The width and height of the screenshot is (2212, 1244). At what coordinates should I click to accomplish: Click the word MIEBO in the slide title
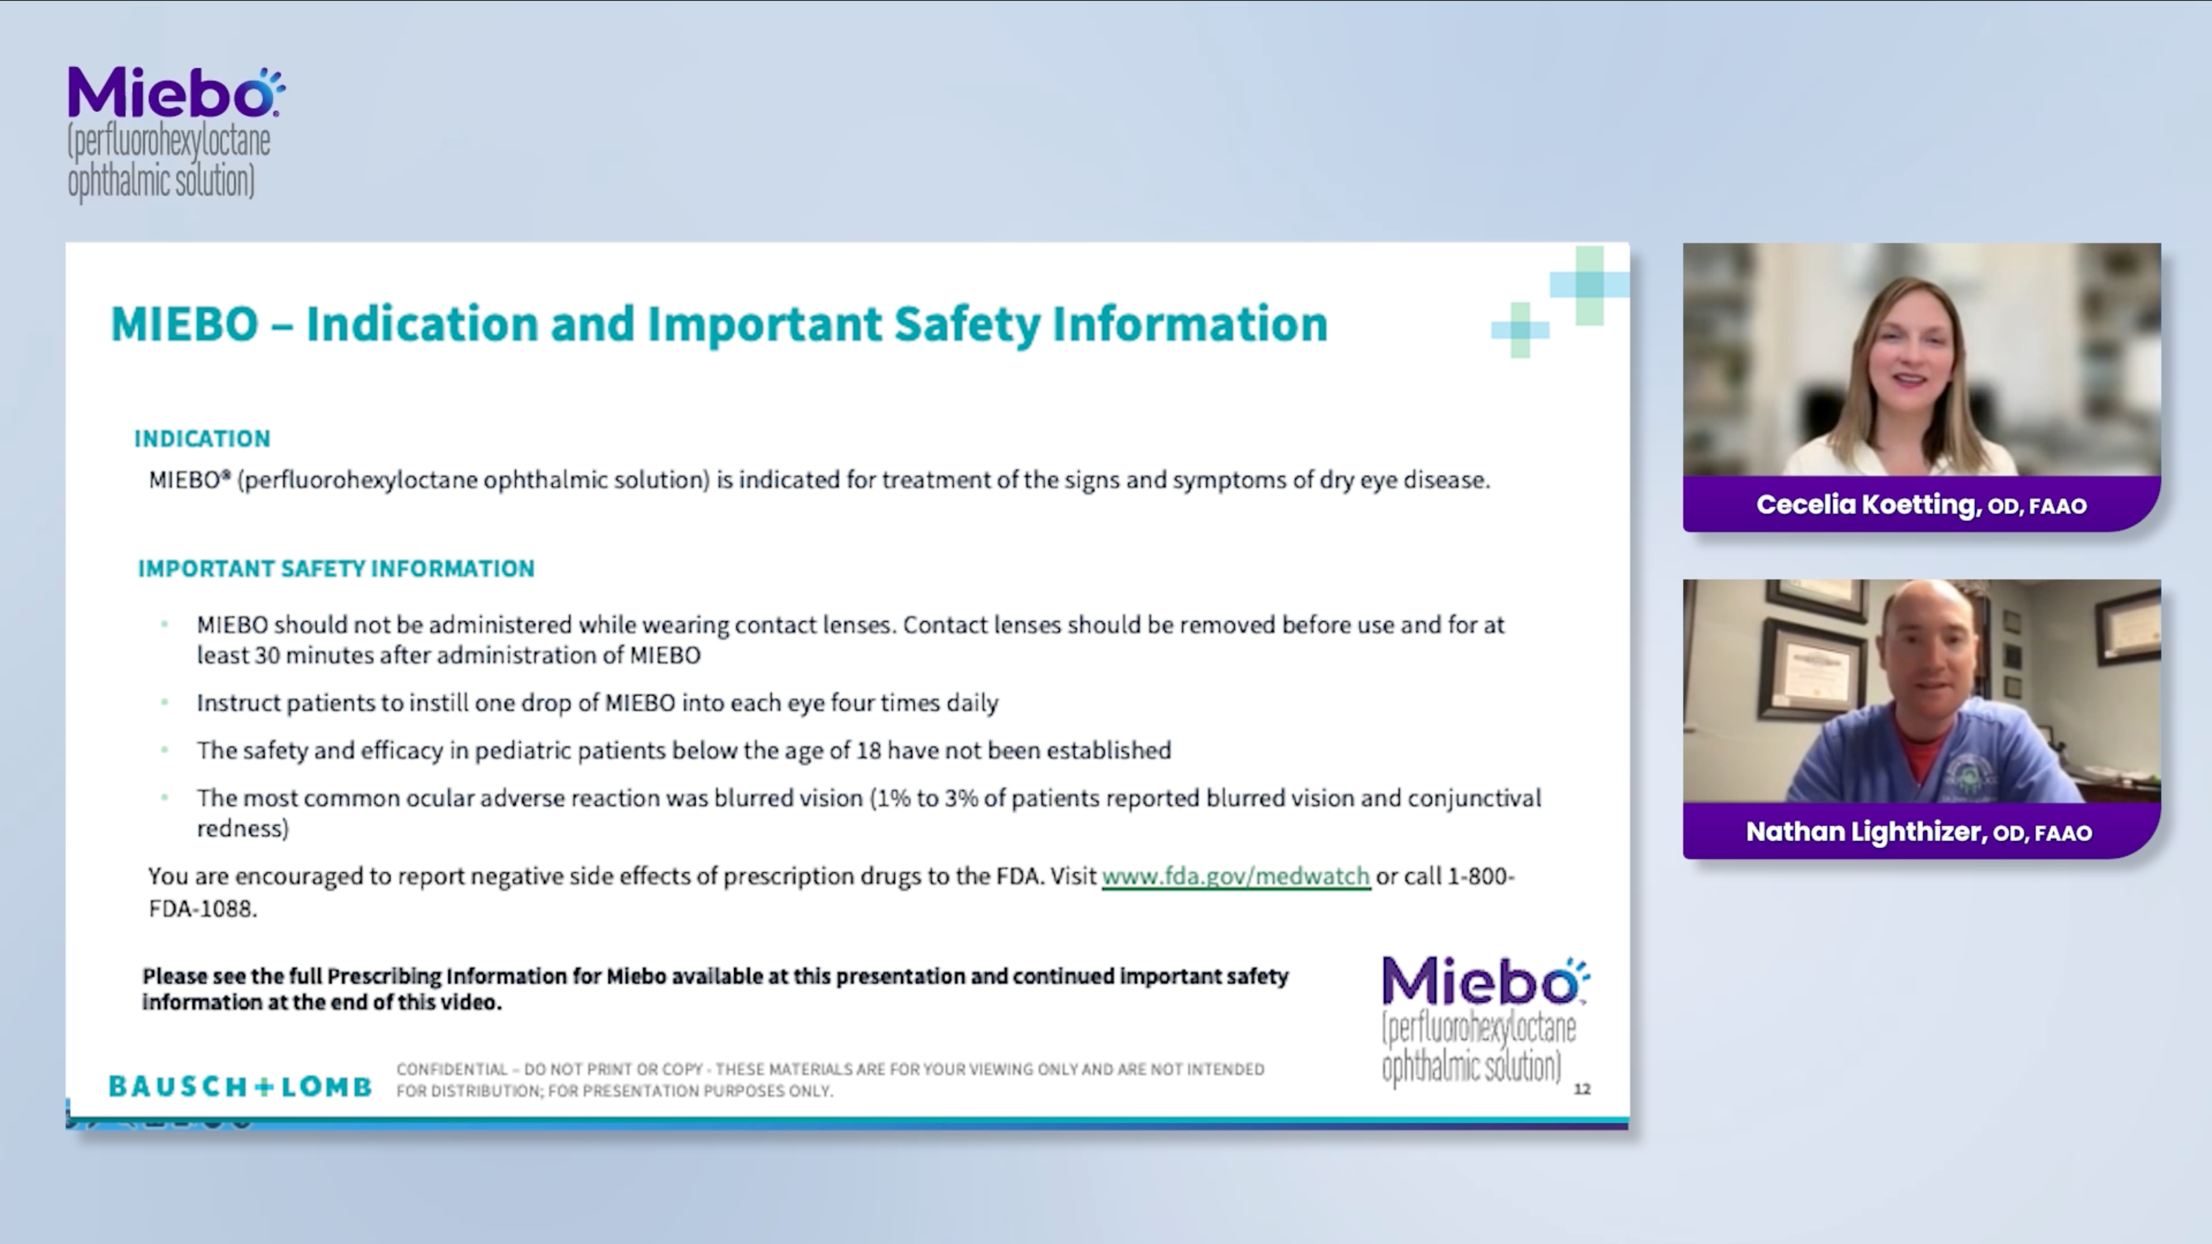tap(184, 324)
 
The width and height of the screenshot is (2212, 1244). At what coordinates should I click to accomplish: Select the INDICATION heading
tap(202, 439)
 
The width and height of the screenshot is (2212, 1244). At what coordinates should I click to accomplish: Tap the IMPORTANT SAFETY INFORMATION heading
tap(336, 568)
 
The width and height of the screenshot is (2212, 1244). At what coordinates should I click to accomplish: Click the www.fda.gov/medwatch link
tap(1235, 877)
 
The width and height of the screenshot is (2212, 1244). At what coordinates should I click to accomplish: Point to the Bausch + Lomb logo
tap(240, 1086)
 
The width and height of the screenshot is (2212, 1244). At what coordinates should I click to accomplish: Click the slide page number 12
tap(1582, 1088)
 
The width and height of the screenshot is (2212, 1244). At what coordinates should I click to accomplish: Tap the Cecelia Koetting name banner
tap(1921, 505)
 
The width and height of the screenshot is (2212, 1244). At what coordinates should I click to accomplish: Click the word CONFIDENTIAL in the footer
tap(452, 1069)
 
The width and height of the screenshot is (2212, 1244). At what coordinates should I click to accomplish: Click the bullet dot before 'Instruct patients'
tap(164, 702)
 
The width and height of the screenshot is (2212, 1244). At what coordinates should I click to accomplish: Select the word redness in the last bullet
tap(241, 829)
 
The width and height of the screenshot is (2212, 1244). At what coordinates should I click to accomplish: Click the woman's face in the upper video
tap(1911, 352)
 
